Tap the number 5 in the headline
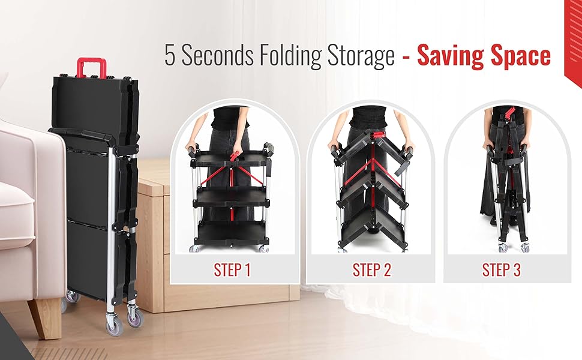click(171, 56)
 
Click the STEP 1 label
click(232, 270)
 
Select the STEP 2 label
click(372, 270)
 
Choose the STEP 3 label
click(502, 270)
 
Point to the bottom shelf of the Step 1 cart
click(231, 230)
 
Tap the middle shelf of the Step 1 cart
click(231, 195)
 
